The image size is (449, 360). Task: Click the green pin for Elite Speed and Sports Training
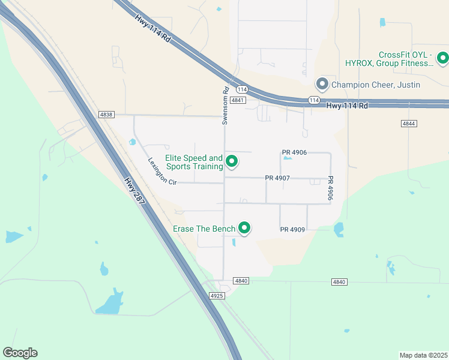point(231,161)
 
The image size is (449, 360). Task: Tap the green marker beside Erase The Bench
point(244,228)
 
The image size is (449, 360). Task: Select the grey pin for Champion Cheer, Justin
point(322,84)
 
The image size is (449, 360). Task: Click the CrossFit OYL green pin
point(442,58)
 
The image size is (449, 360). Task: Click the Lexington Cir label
point(163,172)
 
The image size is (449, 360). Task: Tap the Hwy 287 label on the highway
point(135,192)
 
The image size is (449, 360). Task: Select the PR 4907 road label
point(278,178)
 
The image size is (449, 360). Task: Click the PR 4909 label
point(293,230)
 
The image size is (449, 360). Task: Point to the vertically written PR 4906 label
point(330,188)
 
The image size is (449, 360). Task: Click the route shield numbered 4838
point(106,114)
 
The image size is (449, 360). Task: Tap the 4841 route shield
point(237,100)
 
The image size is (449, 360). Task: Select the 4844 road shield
point(409,123)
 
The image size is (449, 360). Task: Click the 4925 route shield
point(217,296)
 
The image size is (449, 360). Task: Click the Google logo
point(20,353)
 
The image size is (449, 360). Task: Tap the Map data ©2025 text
point(423,355)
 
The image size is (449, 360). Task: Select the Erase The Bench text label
point(204,229)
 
